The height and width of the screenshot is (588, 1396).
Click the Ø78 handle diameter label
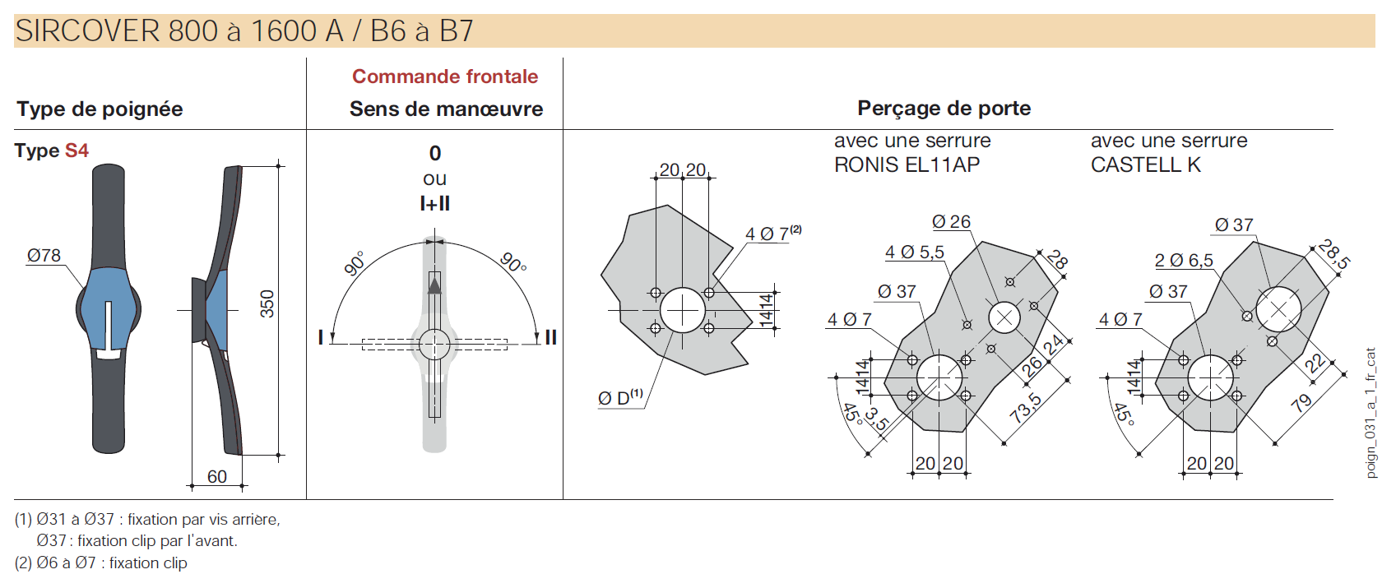click(x=44, y=256)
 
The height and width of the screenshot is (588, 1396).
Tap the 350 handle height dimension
click(x=267, y=304)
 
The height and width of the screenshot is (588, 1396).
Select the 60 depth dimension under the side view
click(x=217, y=476)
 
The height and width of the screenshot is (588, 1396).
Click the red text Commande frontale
click(x=445, y=76)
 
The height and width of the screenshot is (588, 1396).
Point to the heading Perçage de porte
click(x=944, y=109)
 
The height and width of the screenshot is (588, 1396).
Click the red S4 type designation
click(x=77, y=150)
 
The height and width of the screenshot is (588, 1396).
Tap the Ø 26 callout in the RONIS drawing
click(x=951, y=222)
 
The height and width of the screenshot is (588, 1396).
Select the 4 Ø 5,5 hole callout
click(x=914, y=252)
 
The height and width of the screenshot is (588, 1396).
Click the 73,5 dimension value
click(x=1025, y=408)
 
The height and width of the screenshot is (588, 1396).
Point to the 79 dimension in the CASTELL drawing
click(x=1301, y=403)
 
